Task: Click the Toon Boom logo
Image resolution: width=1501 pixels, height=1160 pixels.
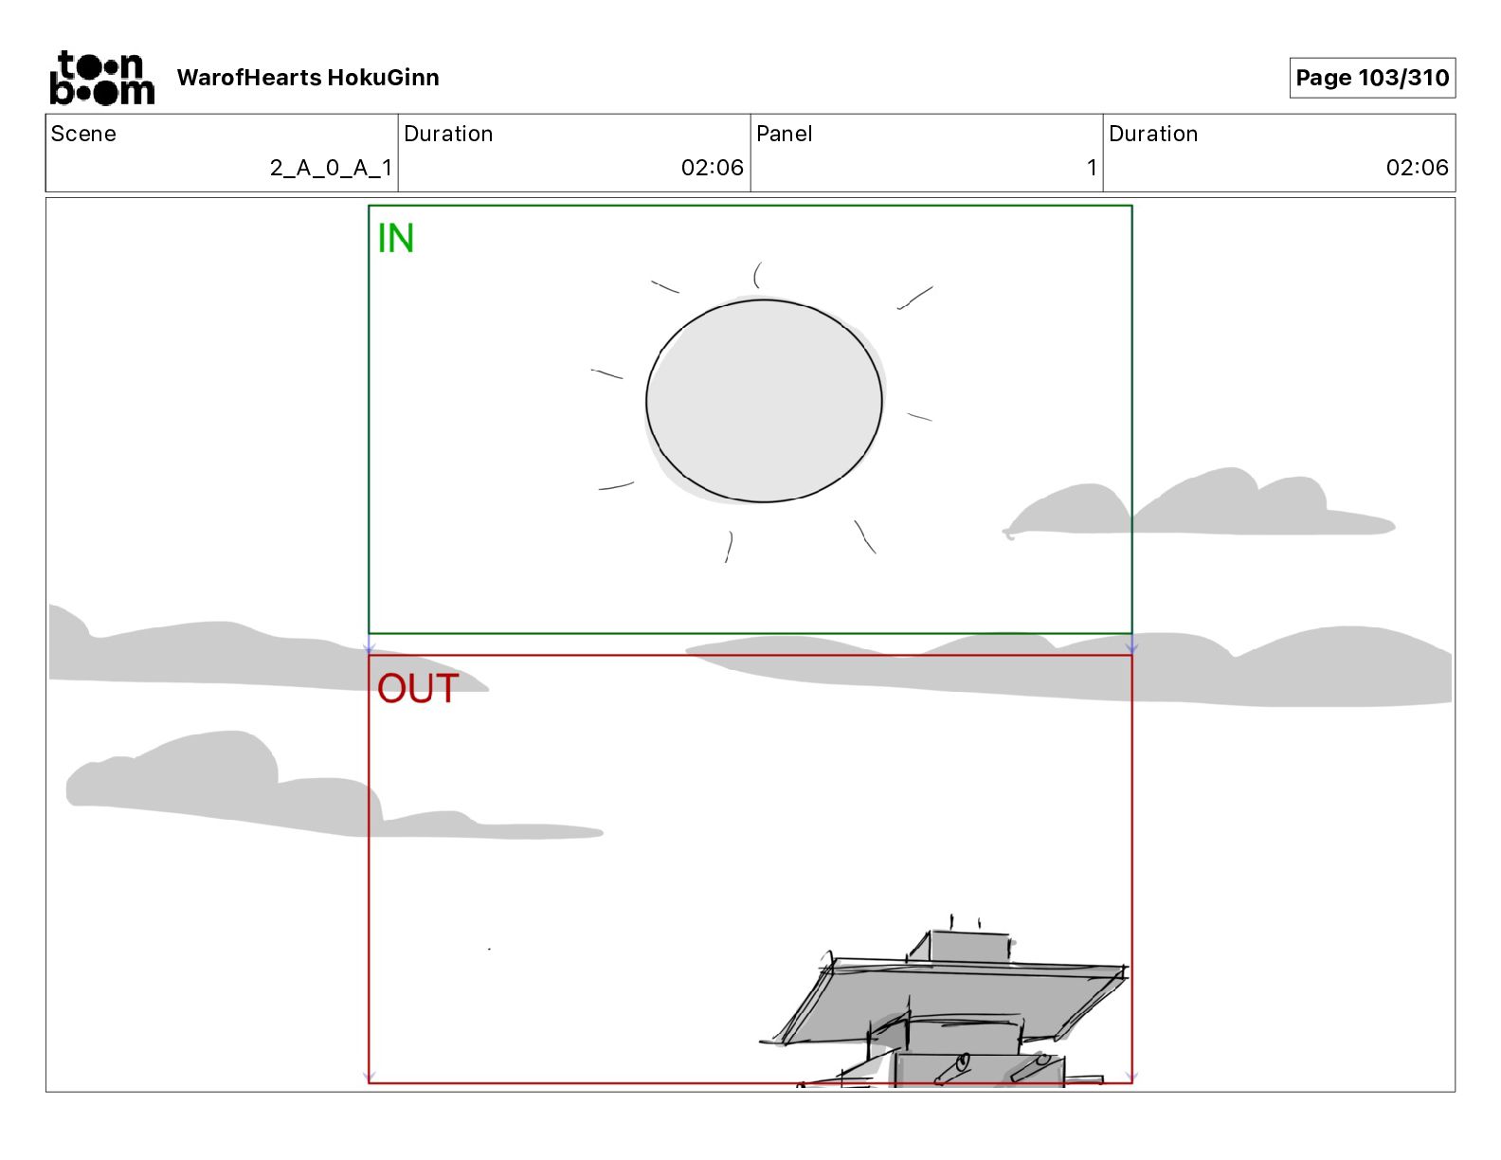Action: click(101, 78)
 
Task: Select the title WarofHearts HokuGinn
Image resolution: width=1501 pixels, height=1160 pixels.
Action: click(308, 78)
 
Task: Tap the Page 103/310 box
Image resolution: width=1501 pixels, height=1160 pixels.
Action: click(1371, 78)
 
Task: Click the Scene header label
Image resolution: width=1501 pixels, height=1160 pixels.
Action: click(83, 134)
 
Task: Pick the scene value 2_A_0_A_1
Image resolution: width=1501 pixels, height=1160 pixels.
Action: click(331, 168)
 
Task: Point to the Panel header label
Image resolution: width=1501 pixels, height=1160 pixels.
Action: click(784, 134)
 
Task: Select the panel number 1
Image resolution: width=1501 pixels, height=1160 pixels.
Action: click(1092, 168)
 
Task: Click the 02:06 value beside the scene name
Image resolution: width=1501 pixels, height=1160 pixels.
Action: click(712, 168)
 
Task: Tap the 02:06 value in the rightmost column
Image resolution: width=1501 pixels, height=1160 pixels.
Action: click(1417, 168)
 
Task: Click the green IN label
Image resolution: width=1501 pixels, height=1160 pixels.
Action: click(395, 239)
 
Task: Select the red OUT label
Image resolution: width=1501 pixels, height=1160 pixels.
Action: click(418, 689)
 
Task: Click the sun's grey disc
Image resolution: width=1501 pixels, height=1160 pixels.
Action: click(764, 401)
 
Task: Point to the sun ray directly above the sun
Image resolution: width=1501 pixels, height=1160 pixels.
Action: click(756, 275)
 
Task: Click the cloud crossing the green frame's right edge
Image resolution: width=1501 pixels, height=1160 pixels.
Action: click(1194, 507)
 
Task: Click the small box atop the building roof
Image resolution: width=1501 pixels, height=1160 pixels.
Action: click(968, 947)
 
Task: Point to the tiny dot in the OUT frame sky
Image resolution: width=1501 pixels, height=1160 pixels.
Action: click(489, 949)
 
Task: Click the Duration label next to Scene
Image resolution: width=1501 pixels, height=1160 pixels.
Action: click(448, 134)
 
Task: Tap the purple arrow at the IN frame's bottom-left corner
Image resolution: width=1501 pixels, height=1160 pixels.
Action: click(370, 648)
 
